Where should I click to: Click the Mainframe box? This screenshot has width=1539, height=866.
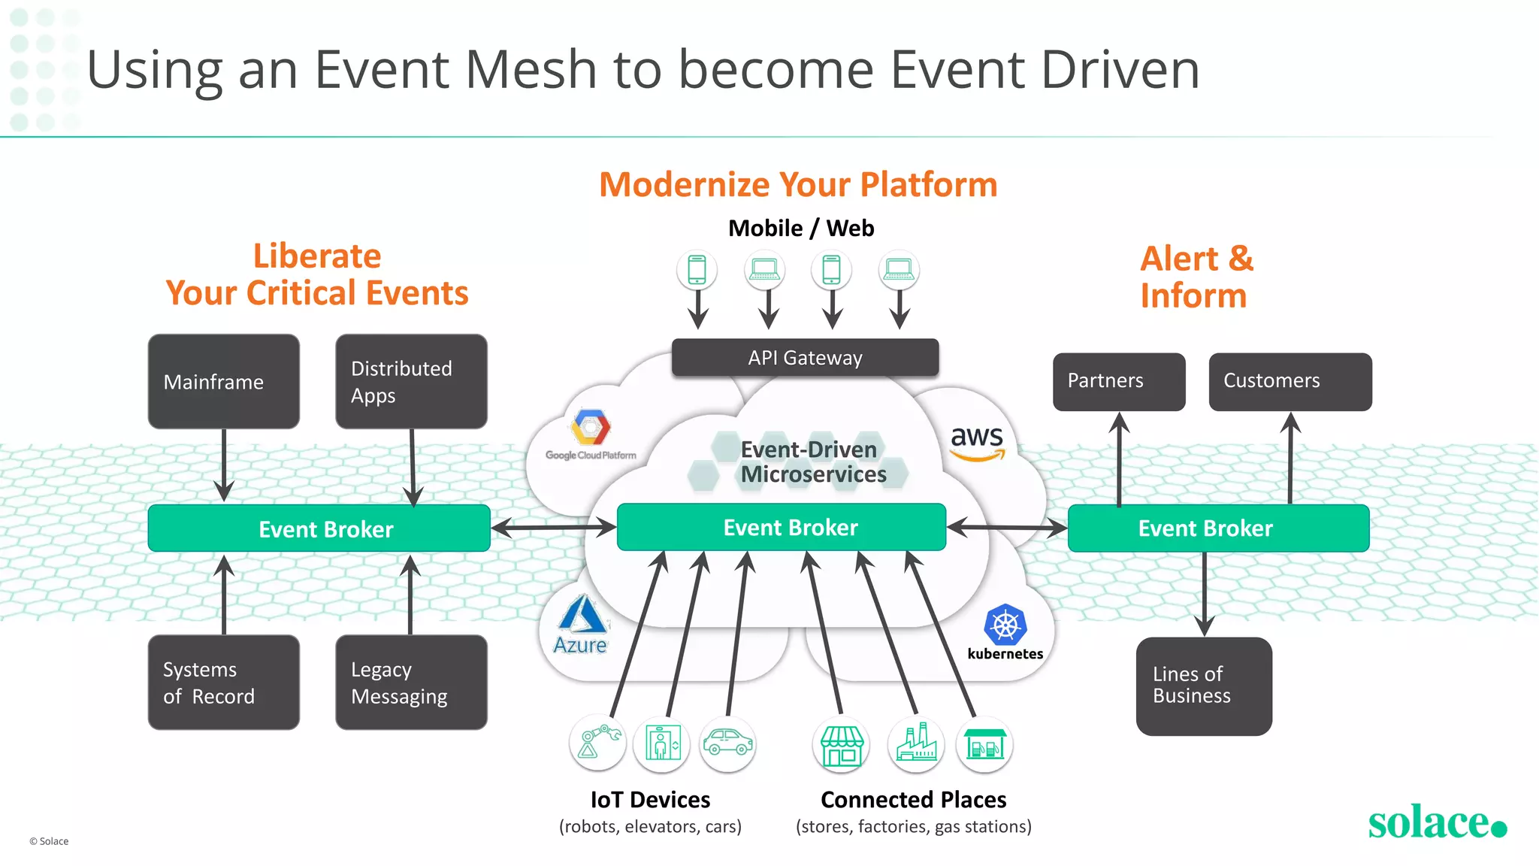pos(223,382)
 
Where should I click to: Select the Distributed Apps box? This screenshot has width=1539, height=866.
pos(411,382)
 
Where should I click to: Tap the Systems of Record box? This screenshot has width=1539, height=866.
pos(223,682)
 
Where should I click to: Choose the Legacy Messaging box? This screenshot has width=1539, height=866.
pos(411,682)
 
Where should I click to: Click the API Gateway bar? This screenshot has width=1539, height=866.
pos(805,358)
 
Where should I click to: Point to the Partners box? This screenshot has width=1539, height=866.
pos(1119,381)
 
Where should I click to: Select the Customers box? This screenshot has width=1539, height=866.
pos(1290,381)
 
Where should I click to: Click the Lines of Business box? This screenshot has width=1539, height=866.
pos(1204,686)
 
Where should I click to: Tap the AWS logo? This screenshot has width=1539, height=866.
pos(977,442)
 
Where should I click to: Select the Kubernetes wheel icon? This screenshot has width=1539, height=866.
pos(1005,625)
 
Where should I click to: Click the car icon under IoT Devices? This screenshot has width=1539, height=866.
pos(727,743)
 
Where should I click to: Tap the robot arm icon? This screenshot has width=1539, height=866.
pos(598,743)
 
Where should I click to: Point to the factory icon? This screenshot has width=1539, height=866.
pos(916,743)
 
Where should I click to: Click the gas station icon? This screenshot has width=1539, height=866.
pos(984,743)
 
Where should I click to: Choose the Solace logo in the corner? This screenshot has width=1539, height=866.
pos(1436,822)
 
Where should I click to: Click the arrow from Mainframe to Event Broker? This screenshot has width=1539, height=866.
pos(224,465)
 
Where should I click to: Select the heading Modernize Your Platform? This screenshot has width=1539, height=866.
pos(798,185)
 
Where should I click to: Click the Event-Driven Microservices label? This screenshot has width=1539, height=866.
pos(813,462)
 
